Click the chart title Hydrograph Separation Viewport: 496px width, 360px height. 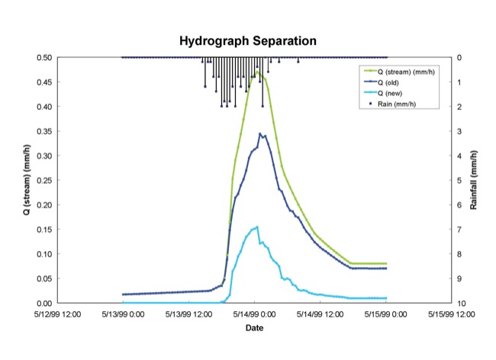[247, 40]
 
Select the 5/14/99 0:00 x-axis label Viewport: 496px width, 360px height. [255, 313]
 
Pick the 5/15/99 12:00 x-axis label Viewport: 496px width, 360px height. [451, 313]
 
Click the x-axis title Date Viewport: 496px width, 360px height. [254, 329]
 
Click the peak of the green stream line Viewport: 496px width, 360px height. [258, 71]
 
